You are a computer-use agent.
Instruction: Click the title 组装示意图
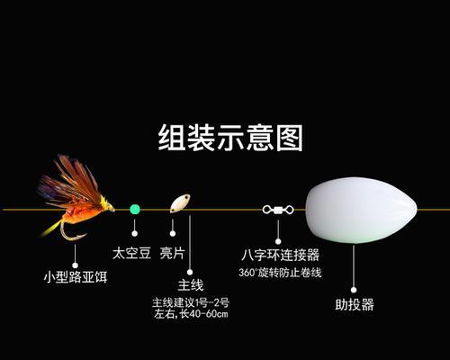point(230,138)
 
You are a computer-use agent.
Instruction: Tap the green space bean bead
point(135,209)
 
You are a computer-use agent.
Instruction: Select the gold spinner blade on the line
point(180,203)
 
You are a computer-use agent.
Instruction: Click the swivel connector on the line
point(278,210)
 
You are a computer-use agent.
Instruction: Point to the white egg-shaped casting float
point(361,210)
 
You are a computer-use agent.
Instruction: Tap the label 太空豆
point(131,254)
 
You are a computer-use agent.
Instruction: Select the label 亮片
point(172,254)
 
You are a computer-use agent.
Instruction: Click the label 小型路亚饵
point(76,276)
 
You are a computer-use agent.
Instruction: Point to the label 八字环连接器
point(281,256)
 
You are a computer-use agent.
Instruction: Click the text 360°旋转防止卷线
point(280,273)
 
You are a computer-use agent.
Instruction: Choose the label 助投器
point(355,304)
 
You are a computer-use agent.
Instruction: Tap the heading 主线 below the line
point(191,285)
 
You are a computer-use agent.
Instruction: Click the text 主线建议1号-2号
point(191,302)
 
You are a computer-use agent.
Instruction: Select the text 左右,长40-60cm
point(191,314)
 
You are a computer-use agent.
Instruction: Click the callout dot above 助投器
point(354,290)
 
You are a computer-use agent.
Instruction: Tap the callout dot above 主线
point(190,272)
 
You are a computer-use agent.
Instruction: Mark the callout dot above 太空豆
point(135,233)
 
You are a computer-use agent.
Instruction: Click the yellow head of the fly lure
point(107,204)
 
